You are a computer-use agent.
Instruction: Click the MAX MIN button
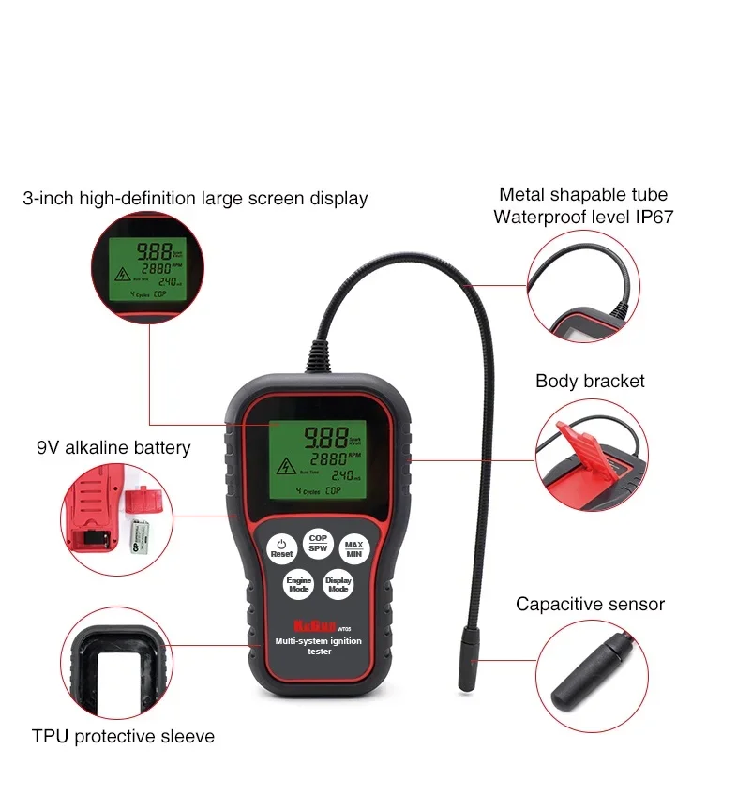[353, 549]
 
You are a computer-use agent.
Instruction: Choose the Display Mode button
[338, 584]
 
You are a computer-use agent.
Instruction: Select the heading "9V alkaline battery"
[113, 447]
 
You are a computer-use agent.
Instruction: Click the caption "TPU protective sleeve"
[123, 736]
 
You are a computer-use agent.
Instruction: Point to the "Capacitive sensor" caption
[590, 605]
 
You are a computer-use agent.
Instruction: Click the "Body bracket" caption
[590, 381]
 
